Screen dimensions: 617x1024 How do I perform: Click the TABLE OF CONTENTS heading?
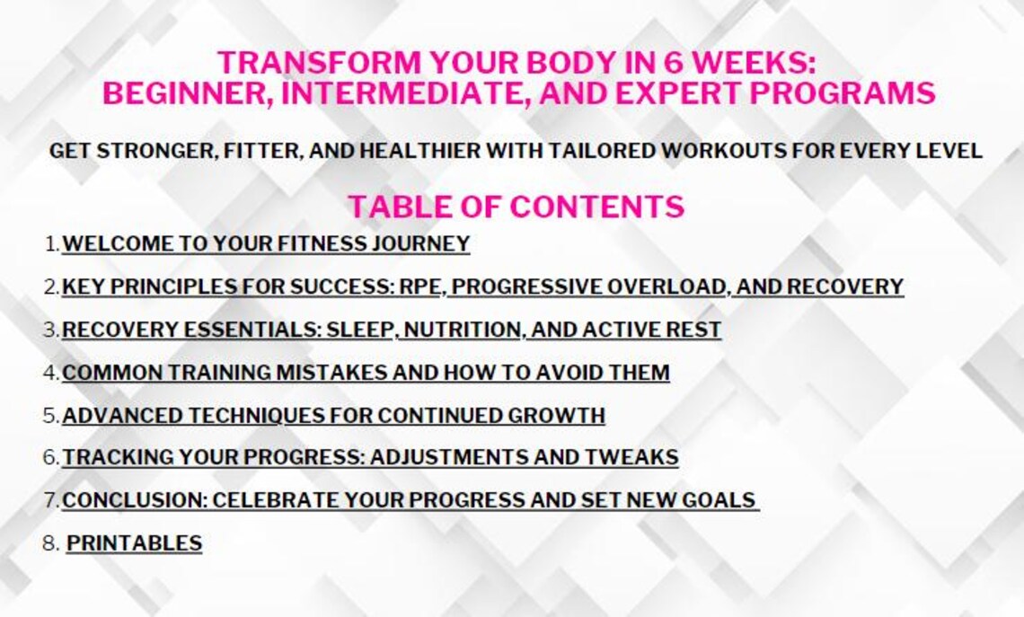(x=516, y=207)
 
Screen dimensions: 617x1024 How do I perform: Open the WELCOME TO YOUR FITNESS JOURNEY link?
(x=266, y=243)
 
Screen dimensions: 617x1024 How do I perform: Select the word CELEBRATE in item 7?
(x=270, y=500)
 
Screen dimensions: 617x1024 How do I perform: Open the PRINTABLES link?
(x=134, y=543)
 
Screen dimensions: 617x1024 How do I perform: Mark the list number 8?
(x=50, y=543)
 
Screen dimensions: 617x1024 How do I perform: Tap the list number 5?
(x=50, y=415)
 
